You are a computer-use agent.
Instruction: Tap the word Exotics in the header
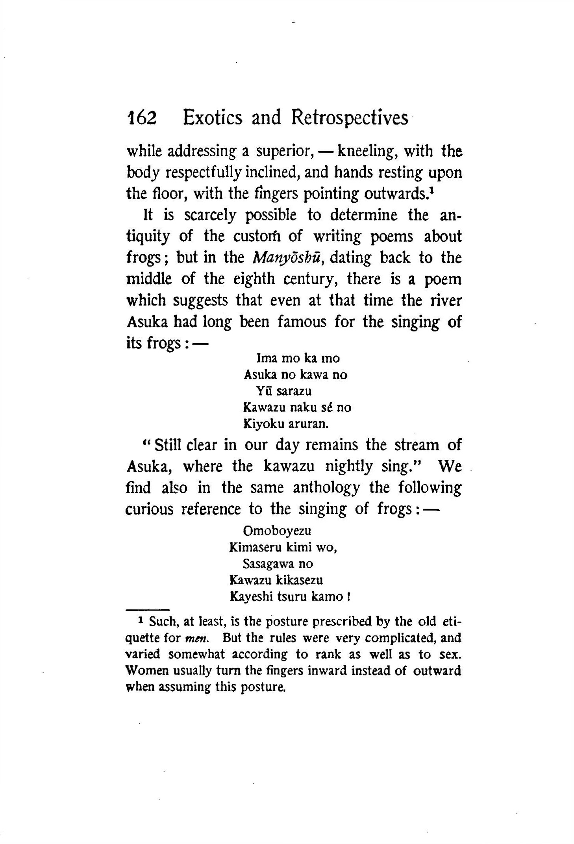pyautogui.click(x=212, y=118)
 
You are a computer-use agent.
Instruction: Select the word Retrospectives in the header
pyautogui.click(x=350, y=118)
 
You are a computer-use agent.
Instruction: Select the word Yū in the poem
pyautogui.click(x=262, y=391)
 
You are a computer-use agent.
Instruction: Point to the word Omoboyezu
pyautogui.click(x=277, y=531)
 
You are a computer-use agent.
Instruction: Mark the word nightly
pyautogui.click(x=349, y=467)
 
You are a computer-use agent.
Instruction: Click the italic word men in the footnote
pyautogui.click(x=194, y=638)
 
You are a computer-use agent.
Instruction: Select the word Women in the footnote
pyautogui.click(x=143, y=670)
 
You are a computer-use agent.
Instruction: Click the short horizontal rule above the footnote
pyautogui.click(x=147, y=610)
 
